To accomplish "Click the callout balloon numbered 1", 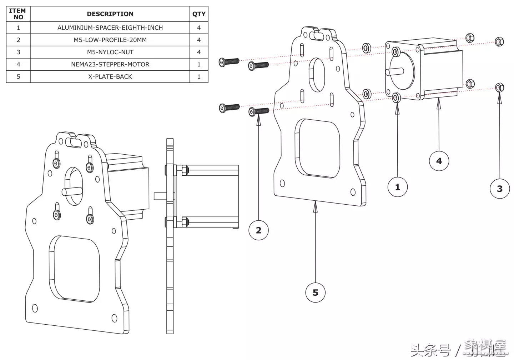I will point(397,187).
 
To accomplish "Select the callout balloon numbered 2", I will point(258,230).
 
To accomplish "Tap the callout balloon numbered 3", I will point(499,189).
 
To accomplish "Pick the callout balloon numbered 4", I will point(439,161).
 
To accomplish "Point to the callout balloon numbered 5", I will point(315,292).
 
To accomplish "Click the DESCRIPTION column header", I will point(110,14).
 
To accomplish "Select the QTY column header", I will point(199,14).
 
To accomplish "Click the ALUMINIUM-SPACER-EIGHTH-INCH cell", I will point(110,28).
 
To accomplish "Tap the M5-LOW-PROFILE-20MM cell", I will point(110,40).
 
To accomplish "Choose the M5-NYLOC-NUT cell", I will point(110,52).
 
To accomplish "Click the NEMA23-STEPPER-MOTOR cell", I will point(110,64).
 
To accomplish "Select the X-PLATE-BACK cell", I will point(110,76).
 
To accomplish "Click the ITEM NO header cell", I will point(18,14).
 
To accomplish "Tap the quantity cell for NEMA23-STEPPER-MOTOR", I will point(199,64).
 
